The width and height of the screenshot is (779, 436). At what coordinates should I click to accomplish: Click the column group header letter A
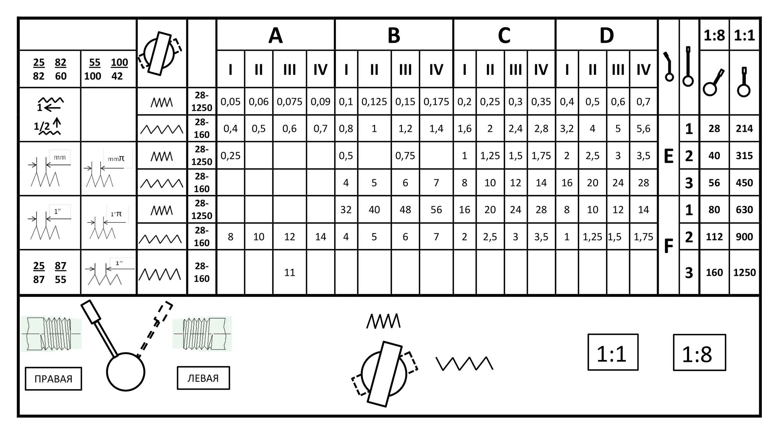pos(275,35)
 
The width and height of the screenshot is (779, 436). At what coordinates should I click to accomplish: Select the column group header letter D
pos(606,35)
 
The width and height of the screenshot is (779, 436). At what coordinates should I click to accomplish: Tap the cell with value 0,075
pos(289,102)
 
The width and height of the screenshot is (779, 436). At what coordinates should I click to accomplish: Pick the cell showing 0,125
pos(374,102)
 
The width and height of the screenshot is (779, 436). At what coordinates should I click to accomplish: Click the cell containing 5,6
pos(643,129)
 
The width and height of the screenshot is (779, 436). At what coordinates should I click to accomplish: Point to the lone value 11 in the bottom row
pos(289,272)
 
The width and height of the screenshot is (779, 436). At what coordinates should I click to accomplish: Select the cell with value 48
pos(405,210)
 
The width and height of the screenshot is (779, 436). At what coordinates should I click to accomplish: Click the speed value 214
pos(744,129)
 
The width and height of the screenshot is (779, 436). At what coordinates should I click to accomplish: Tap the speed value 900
pos(744,237)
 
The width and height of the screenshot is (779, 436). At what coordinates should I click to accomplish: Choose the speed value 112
pos(714,237)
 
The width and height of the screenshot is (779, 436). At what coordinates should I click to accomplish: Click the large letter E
pos(668,156)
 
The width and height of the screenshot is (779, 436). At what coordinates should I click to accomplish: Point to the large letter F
pos(668,246)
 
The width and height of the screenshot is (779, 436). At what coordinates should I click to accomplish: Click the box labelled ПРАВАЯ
pos(53,379)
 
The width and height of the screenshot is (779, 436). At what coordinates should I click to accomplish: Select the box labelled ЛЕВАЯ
pos(203,378)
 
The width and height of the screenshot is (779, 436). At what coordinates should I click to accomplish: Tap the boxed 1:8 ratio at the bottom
pos(699,353)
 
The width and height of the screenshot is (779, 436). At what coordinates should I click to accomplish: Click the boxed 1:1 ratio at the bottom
pos(613,352)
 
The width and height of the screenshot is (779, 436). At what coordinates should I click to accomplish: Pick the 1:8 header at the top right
pos(714,35)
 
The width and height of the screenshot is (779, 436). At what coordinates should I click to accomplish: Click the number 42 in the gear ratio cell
pos(117,76)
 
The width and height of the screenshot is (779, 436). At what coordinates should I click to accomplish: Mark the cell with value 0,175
pos(436,102)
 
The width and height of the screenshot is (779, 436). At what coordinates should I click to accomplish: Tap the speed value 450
pos(744,183)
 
